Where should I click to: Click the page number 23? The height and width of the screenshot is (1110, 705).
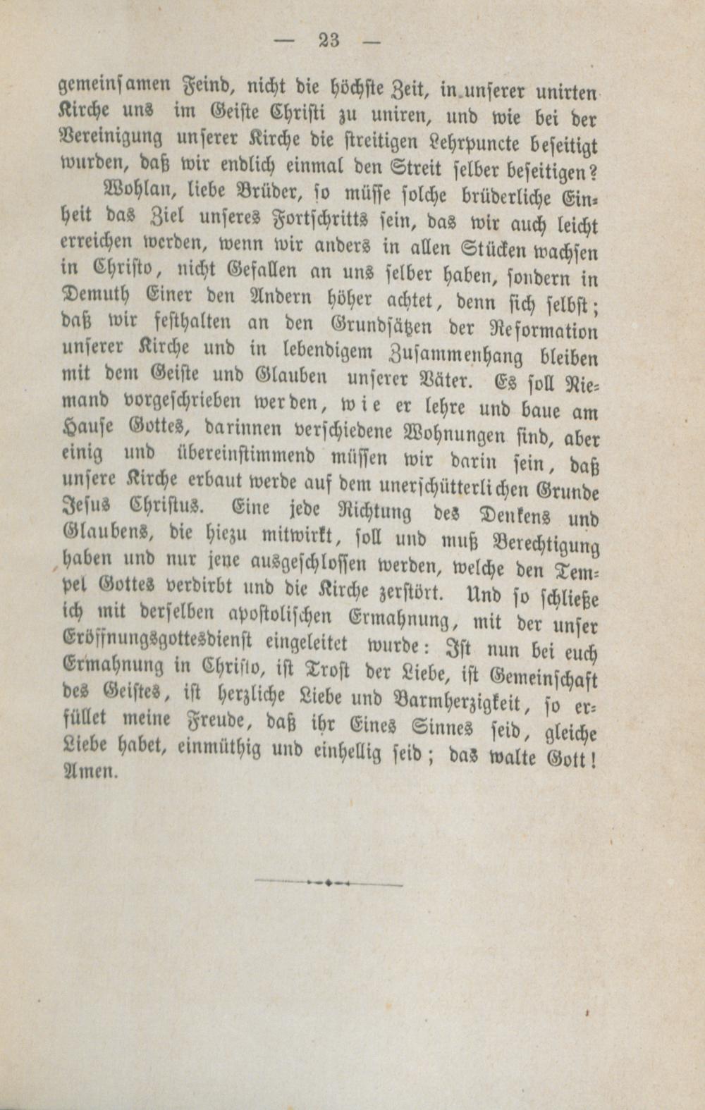tap(329, 40)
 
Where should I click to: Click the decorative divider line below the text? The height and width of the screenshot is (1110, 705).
tap(329, 882)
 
